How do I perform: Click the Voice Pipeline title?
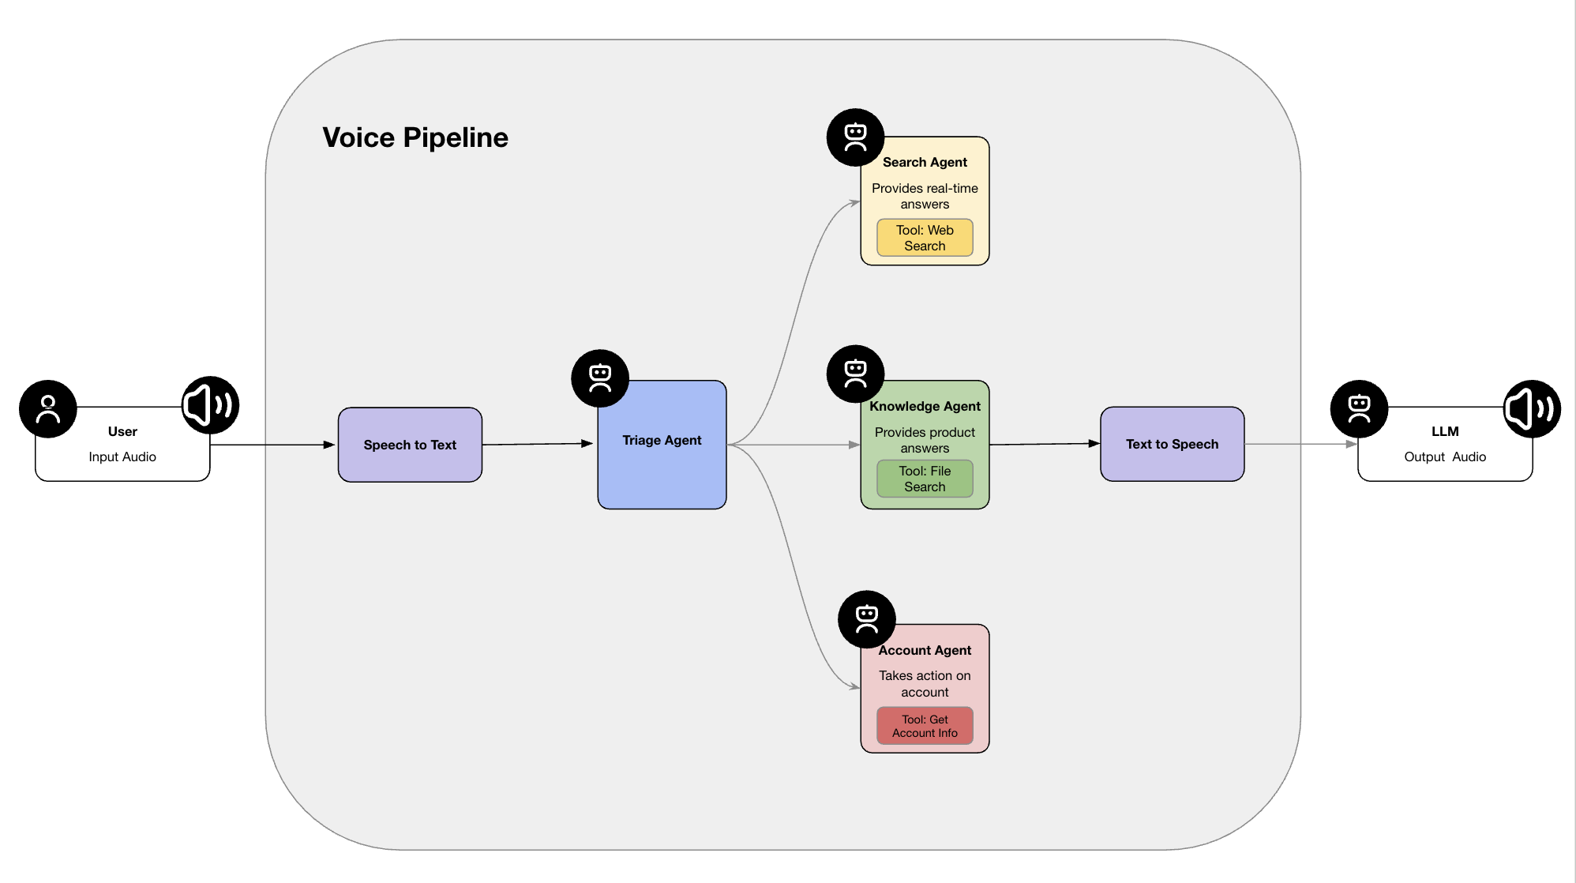coord(415,137)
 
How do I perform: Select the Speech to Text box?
coord(410,445)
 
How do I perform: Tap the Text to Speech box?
coord(1172,444)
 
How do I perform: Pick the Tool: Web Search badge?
coord(925,238)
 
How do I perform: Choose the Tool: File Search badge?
coord(925,479)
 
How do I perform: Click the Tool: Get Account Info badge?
coord(925,726)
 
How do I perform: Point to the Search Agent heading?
coord(925,162)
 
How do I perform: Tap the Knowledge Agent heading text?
coord(925,406)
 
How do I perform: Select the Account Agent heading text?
coord(925,650)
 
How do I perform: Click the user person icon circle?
coord(48,409)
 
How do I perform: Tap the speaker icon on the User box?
coord(210,405)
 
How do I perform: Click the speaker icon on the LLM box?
coord(1532,409)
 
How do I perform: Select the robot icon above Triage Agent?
coord(600,378)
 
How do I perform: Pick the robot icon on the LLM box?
coord(1359,409)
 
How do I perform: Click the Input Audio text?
coord(122,457)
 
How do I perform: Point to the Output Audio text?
coord(1444,457)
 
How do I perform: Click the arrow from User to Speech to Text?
coord(272,445)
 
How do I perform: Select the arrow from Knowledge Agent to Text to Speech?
coord(1044,444)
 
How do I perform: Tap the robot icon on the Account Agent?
coord(867,619)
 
